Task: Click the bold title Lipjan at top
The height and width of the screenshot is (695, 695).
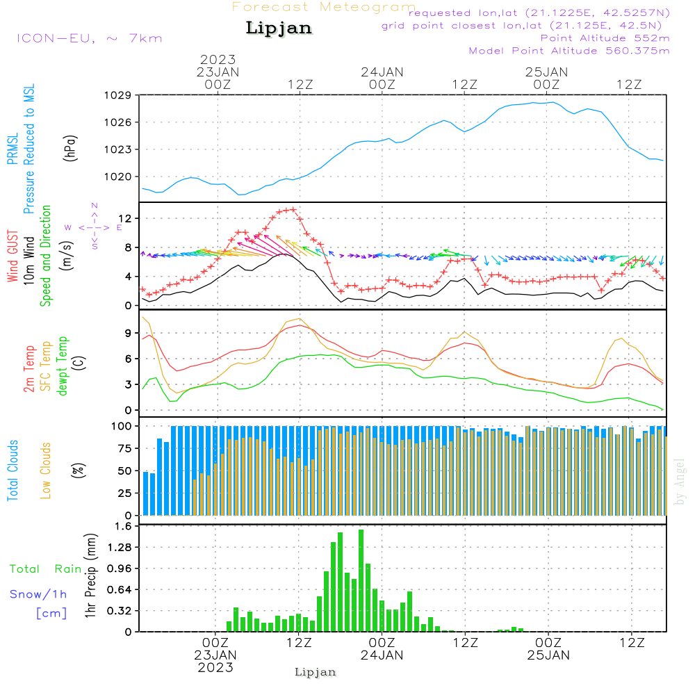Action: coord(279,28)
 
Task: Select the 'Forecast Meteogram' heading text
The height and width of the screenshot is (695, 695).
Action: coord(324,7)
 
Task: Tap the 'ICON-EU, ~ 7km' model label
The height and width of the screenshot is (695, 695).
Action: coord(89,38)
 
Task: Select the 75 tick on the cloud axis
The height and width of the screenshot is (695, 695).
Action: coord(125,448)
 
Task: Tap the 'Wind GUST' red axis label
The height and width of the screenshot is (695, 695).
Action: coord(13,257)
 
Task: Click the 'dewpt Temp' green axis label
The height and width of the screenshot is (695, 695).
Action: coord(63,366)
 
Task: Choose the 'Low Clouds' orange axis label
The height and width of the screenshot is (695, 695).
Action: coord(46,470)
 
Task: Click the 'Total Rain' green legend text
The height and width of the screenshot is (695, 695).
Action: coord(46,569)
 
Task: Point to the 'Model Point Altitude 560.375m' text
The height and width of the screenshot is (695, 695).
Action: coord(569,51)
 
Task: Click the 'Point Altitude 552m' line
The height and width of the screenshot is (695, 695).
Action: coord(605,38)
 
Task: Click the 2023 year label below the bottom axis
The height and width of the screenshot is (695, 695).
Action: coord(215,668)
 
